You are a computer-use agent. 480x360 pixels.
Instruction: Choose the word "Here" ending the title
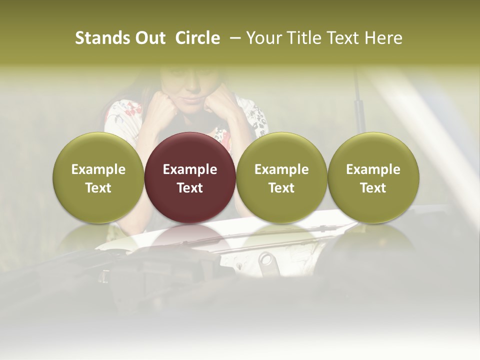(x=382, y=38)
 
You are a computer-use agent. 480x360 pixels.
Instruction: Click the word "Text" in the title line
(x=343, y=38)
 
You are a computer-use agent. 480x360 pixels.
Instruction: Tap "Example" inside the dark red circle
(x=190, y=169)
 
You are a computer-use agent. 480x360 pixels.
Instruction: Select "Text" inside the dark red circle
(x=190, y=188)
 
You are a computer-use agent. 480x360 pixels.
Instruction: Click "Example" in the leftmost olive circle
(x=98, y=169)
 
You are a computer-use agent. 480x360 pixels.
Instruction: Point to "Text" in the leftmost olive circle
(x=98, y=188)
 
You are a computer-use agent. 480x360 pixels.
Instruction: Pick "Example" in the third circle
(x=281, y=169)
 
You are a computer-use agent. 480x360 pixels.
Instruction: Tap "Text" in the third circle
(x=281, y=188)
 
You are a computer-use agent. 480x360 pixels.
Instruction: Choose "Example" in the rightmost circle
(x=373, y=169)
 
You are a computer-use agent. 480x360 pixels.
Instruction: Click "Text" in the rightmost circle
(x=373, y=188)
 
